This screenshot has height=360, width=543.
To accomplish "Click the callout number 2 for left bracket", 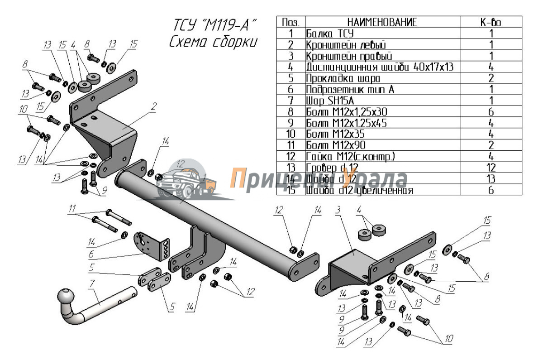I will click(154, 106).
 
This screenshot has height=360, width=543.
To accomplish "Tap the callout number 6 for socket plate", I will click(92, 255).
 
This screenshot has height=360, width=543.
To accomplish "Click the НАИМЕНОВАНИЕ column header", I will click(382, 22).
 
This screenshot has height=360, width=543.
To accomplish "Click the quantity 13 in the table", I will click(491, 179).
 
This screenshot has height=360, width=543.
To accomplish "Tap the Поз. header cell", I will click(291, 22).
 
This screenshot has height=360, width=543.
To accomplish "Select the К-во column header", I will click(491, 22).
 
